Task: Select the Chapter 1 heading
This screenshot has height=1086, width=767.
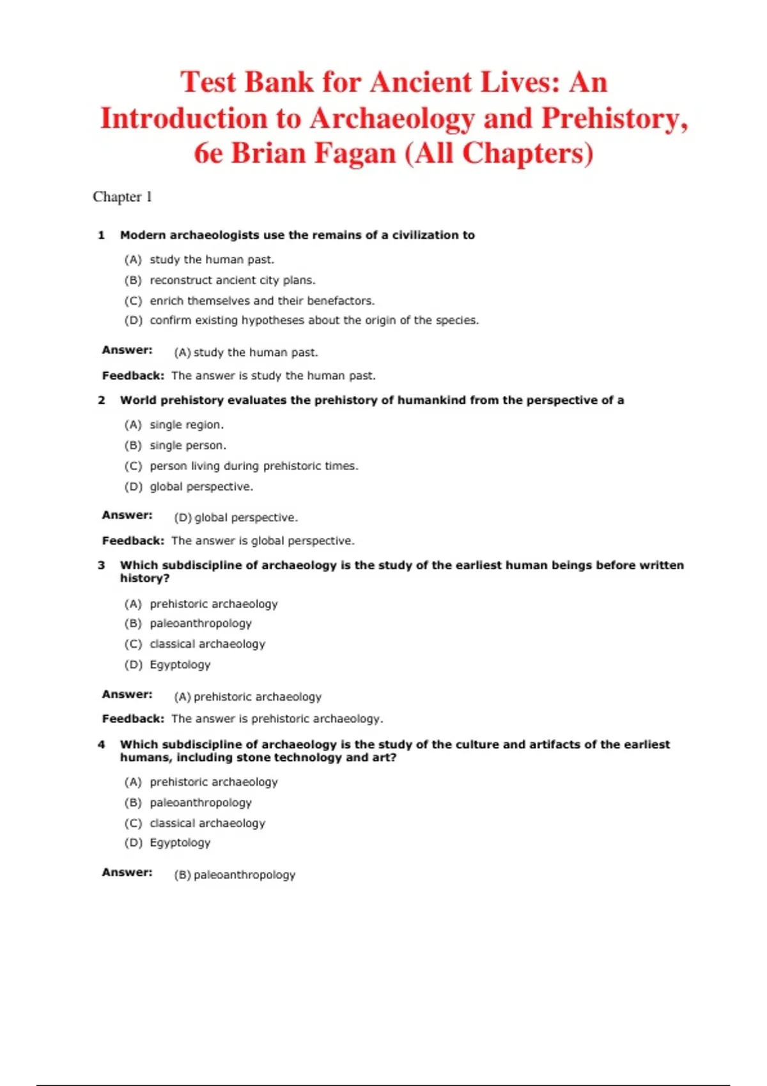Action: coord(122,197)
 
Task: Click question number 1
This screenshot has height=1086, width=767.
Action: coord(101,235)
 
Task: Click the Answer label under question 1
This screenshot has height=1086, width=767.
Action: coord(127,350)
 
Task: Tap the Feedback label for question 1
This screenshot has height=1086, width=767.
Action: coord(133,376)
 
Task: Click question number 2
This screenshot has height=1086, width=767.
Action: coord(101,401)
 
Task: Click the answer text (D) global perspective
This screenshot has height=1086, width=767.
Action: coord(236,517)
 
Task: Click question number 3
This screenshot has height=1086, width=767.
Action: coord(101,565)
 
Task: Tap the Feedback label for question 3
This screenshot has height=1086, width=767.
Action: coord(133,719)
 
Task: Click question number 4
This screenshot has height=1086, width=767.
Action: coord(101,745)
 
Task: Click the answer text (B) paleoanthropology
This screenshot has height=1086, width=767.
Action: coord(235,875)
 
